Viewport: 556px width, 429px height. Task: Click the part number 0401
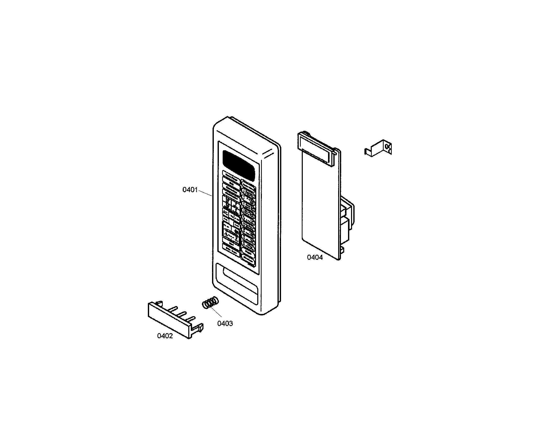pyautogui.click(x=190, y=190)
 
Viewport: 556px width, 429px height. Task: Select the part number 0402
pyautogui.click(x=165, y=336)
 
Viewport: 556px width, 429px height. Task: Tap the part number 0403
pyautogui.click(x=225, y=324)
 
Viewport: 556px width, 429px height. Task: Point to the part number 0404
pyautogui.click(x=315, y=258)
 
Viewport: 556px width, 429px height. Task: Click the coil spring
pyautogui.click(x=210, y=303)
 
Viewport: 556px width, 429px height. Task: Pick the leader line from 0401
pyautogui.click(x=205, y=193)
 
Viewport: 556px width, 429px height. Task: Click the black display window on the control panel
pyautogui.click(x=239, y=164)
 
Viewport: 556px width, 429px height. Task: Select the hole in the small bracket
pyautogui.click(x=387, y=147)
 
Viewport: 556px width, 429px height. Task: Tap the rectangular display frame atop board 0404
pyautogui.click(x=316, y=148)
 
